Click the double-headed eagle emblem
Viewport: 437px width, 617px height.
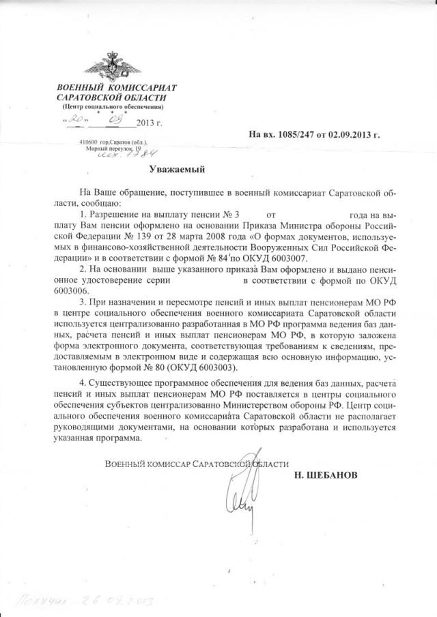click(111, 65)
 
